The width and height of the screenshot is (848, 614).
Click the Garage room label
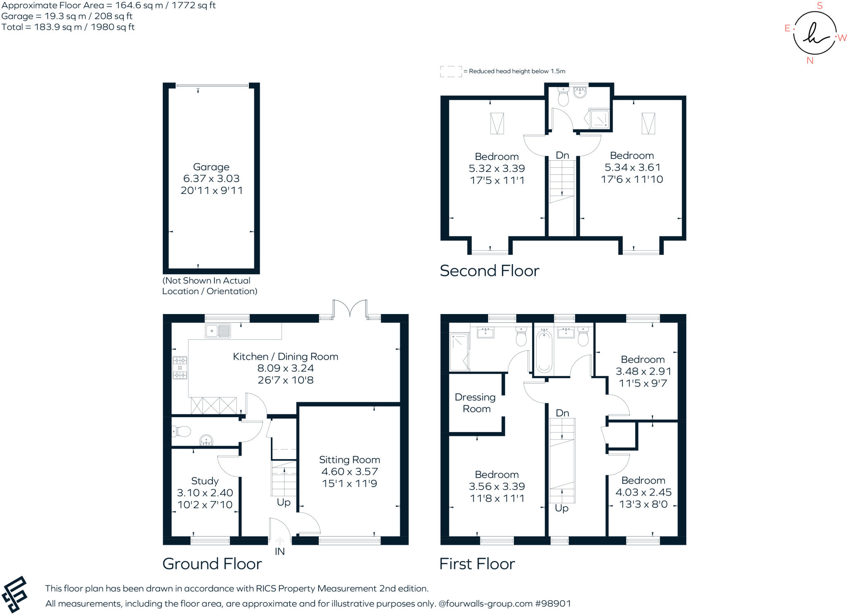[x=211, y=167]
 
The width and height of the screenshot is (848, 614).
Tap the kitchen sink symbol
[x=218, y=331]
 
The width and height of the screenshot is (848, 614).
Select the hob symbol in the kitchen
[x=180, y=368]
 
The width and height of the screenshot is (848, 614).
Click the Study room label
[x=205, y=481]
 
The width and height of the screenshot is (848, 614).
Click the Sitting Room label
[x=349, y=460]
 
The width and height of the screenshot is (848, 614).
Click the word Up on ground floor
[x=284, y=502]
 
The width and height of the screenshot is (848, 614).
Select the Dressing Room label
[x=475, y=403]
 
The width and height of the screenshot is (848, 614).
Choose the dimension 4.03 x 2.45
[x=643, y=492]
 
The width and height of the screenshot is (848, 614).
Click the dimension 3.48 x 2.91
[x=643, y=371]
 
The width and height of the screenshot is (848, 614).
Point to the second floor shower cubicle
[x=600, y=118]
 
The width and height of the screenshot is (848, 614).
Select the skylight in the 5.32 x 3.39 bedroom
[x=497, y=123]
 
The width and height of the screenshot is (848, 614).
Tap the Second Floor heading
[x=489, y=271]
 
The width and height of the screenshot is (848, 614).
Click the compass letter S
[x=819, y=6]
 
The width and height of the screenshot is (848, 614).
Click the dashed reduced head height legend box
[x=451, y=71]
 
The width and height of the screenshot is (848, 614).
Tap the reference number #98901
[x=553, y=604]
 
